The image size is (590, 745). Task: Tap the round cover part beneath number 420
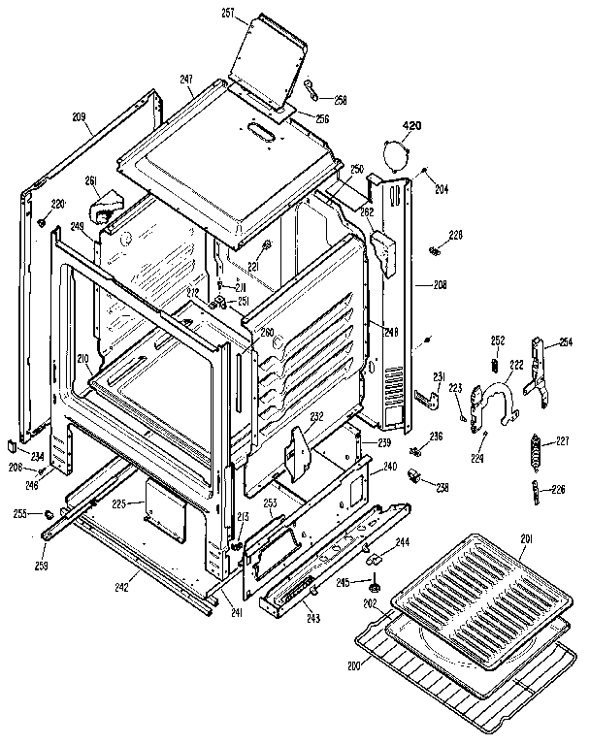(x=397, y=154)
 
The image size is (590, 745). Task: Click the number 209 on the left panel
(x=79, y=118)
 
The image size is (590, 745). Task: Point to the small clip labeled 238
(x=413, y=475)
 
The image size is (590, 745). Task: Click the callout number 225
(x=120, y=503)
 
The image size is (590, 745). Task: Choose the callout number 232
(x=316, y=417)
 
